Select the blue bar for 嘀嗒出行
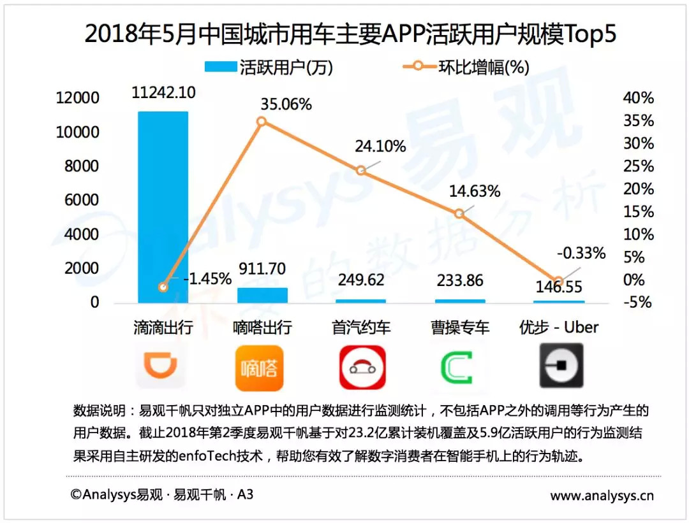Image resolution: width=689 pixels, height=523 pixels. pyautogui.click(x=262, y=295)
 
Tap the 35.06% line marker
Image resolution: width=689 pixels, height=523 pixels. pyautogui.click(x=262, y=121)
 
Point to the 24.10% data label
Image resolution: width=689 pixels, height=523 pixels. pyautogui.click(x=380, y=147)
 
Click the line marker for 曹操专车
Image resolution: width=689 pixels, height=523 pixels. pyautogui.click(x=459, y=214)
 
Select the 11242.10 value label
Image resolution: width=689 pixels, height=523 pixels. pyautogui.click(x=163, y=92)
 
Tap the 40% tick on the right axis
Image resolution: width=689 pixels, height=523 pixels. pyautogui.click(x=639, y=98)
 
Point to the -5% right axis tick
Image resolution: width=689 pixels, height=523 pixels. pyautogui.click(x=639, y=303)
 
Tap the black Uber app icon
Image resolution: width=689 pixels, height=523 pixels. pyautogui.click(x=561, y=366)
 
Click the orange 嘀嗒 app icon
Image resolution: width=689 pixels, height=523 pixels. pyautogui.click(x=260, y=368)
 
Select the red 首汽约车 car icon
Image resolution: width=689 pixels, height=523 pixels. pyautogui.click(x=362, y=368)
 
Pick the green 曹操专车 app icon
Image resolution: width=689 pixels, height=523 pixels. pyautogui.click(x=460, y=368)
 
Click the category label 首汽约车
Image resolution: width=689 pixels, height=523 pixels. pyautogui.click(x=361, y=328)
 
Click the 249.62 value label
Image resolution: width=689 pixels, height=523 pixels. pyautogui.click(x=361, y=281)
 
